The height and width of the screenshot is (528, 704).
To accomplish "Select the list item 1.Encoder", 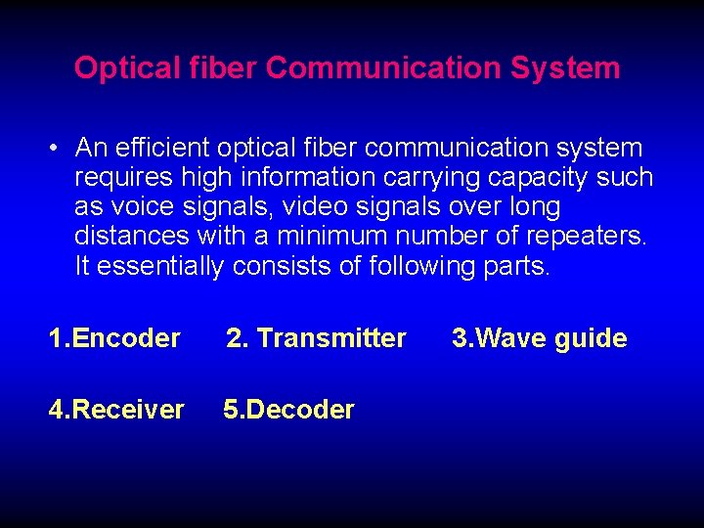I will coord(114,338).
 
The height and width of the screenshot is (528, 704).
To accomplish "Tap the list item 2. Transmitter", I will coord(316,338).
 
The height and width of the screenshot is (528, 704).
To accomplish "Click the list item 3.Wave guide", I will coord(539,338).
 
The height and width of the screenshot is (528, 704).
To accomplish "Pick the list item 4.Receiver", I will coord(116,409).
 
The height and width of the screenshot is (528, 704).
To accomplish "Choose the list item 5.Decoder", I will coord(288,409).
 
